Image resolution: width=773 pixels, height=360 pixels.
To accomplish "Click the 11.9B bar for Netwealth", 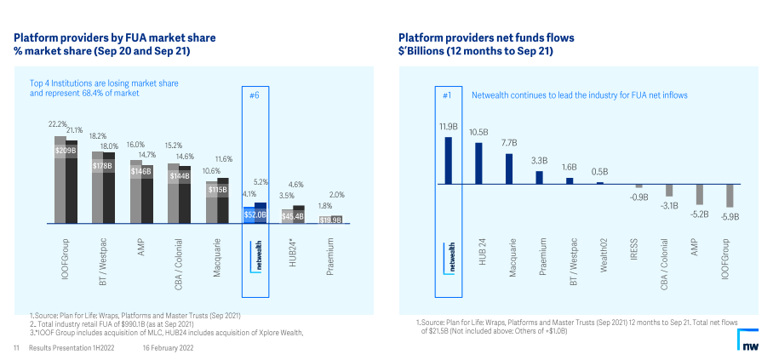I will click(x=448, y=160).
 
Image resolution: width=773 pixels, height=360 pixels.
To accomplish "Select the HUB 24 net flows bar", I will click(x=478, y=163).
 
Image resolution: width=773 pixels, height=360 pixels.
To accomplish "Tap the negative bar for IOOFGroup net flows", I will click(x=730, y=196).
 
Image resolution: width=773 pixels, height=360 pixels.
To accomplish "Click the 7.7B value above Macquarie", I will click(x=509, y=143).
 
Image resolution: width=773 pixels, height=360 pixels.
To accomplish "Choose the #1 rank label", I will click(x=447, y=96).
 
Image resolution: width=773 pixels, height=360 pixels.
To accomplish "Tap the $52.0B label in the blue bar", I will click(x=255, y=215).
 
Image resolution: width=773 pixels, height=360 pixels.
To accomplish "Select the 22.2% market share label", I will click(x=58, y=124).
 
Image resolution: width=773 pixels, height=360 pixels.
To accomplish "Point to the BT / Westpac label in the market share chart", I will click(x=102, y=262).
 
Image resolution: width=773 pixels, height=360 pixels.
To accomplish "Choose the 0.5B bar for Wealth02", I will click(x=600, y=182).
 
